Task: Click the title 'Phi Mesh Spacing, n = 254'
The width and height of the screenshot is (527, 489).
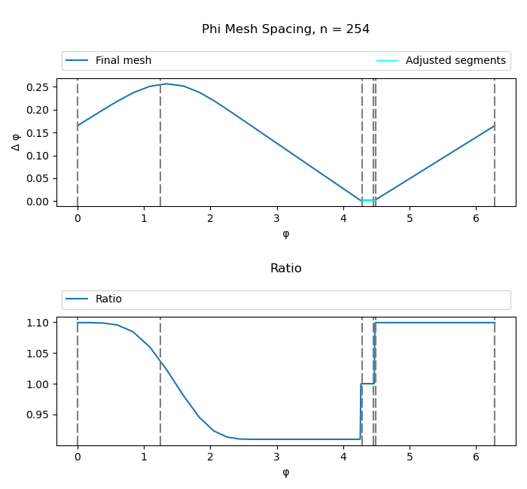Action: [x=285, y=29]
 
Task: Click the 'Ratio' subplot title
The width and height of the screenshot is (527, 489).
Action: [x=285, y=269]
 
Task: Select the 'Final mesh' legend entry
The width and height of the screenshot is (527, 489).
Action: [x=123, y=61]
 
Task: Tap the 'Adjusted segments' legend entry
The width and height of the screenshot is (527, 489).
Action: [x=455, y=61]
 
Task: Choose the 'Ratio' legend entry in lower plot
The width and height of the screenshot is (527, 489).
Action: [x=108, y=299]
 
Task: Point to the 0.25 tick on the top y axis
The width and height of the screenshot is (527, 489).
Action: [x=39, y=87]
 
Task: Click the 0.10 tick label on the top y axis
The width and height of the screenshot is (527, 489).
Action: [x=39, y=156]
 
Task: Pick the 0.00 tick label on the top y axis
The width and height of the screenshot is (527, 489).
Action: [x=39, y=202]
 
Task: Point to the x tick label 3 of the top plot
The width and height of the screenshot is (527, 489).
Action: [x=277, y=219]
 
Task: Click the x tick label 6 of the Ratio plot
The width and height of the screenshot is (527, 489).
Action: [x=477, y=457]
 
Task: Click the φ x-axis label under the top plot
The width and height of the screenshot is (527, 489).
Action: [x=285, y=234]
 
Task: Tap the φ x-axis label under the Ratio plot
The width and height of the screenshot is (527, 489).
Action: [x=285, y=472]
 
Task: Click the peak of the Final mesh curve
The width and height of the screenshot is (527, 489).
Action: [x=167, y=84]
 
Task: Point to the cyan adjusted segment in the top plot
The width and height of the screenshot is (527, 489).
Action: [x=368, y=200]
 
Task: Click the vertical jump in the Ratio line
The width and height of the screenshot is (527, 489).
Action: [x=374, y=354]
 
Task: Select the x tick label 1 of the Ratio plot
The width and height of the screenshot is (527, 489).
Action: [x=144, y=457]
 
